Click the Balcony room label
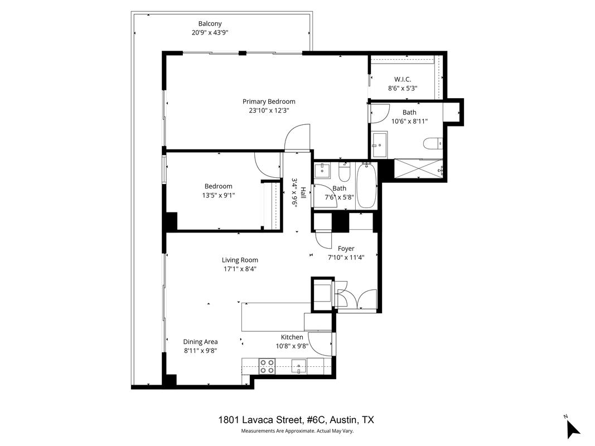point(210,23)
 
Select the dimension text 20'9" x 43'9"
point(210,32)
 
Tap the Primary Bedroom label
point(269,101)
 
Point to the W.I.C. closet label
point(403,79)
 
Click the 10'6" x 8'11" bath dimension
point(409,121)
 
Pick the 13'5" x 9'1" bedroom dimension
point(218,195)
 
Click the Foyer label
point(346,249)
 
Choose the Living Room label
point(240,260)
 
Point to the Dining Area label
point(200,342)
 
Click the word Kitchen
point(292,337)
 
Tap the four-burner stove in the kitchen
point(267,366)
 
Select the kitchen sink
point(299,367)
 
